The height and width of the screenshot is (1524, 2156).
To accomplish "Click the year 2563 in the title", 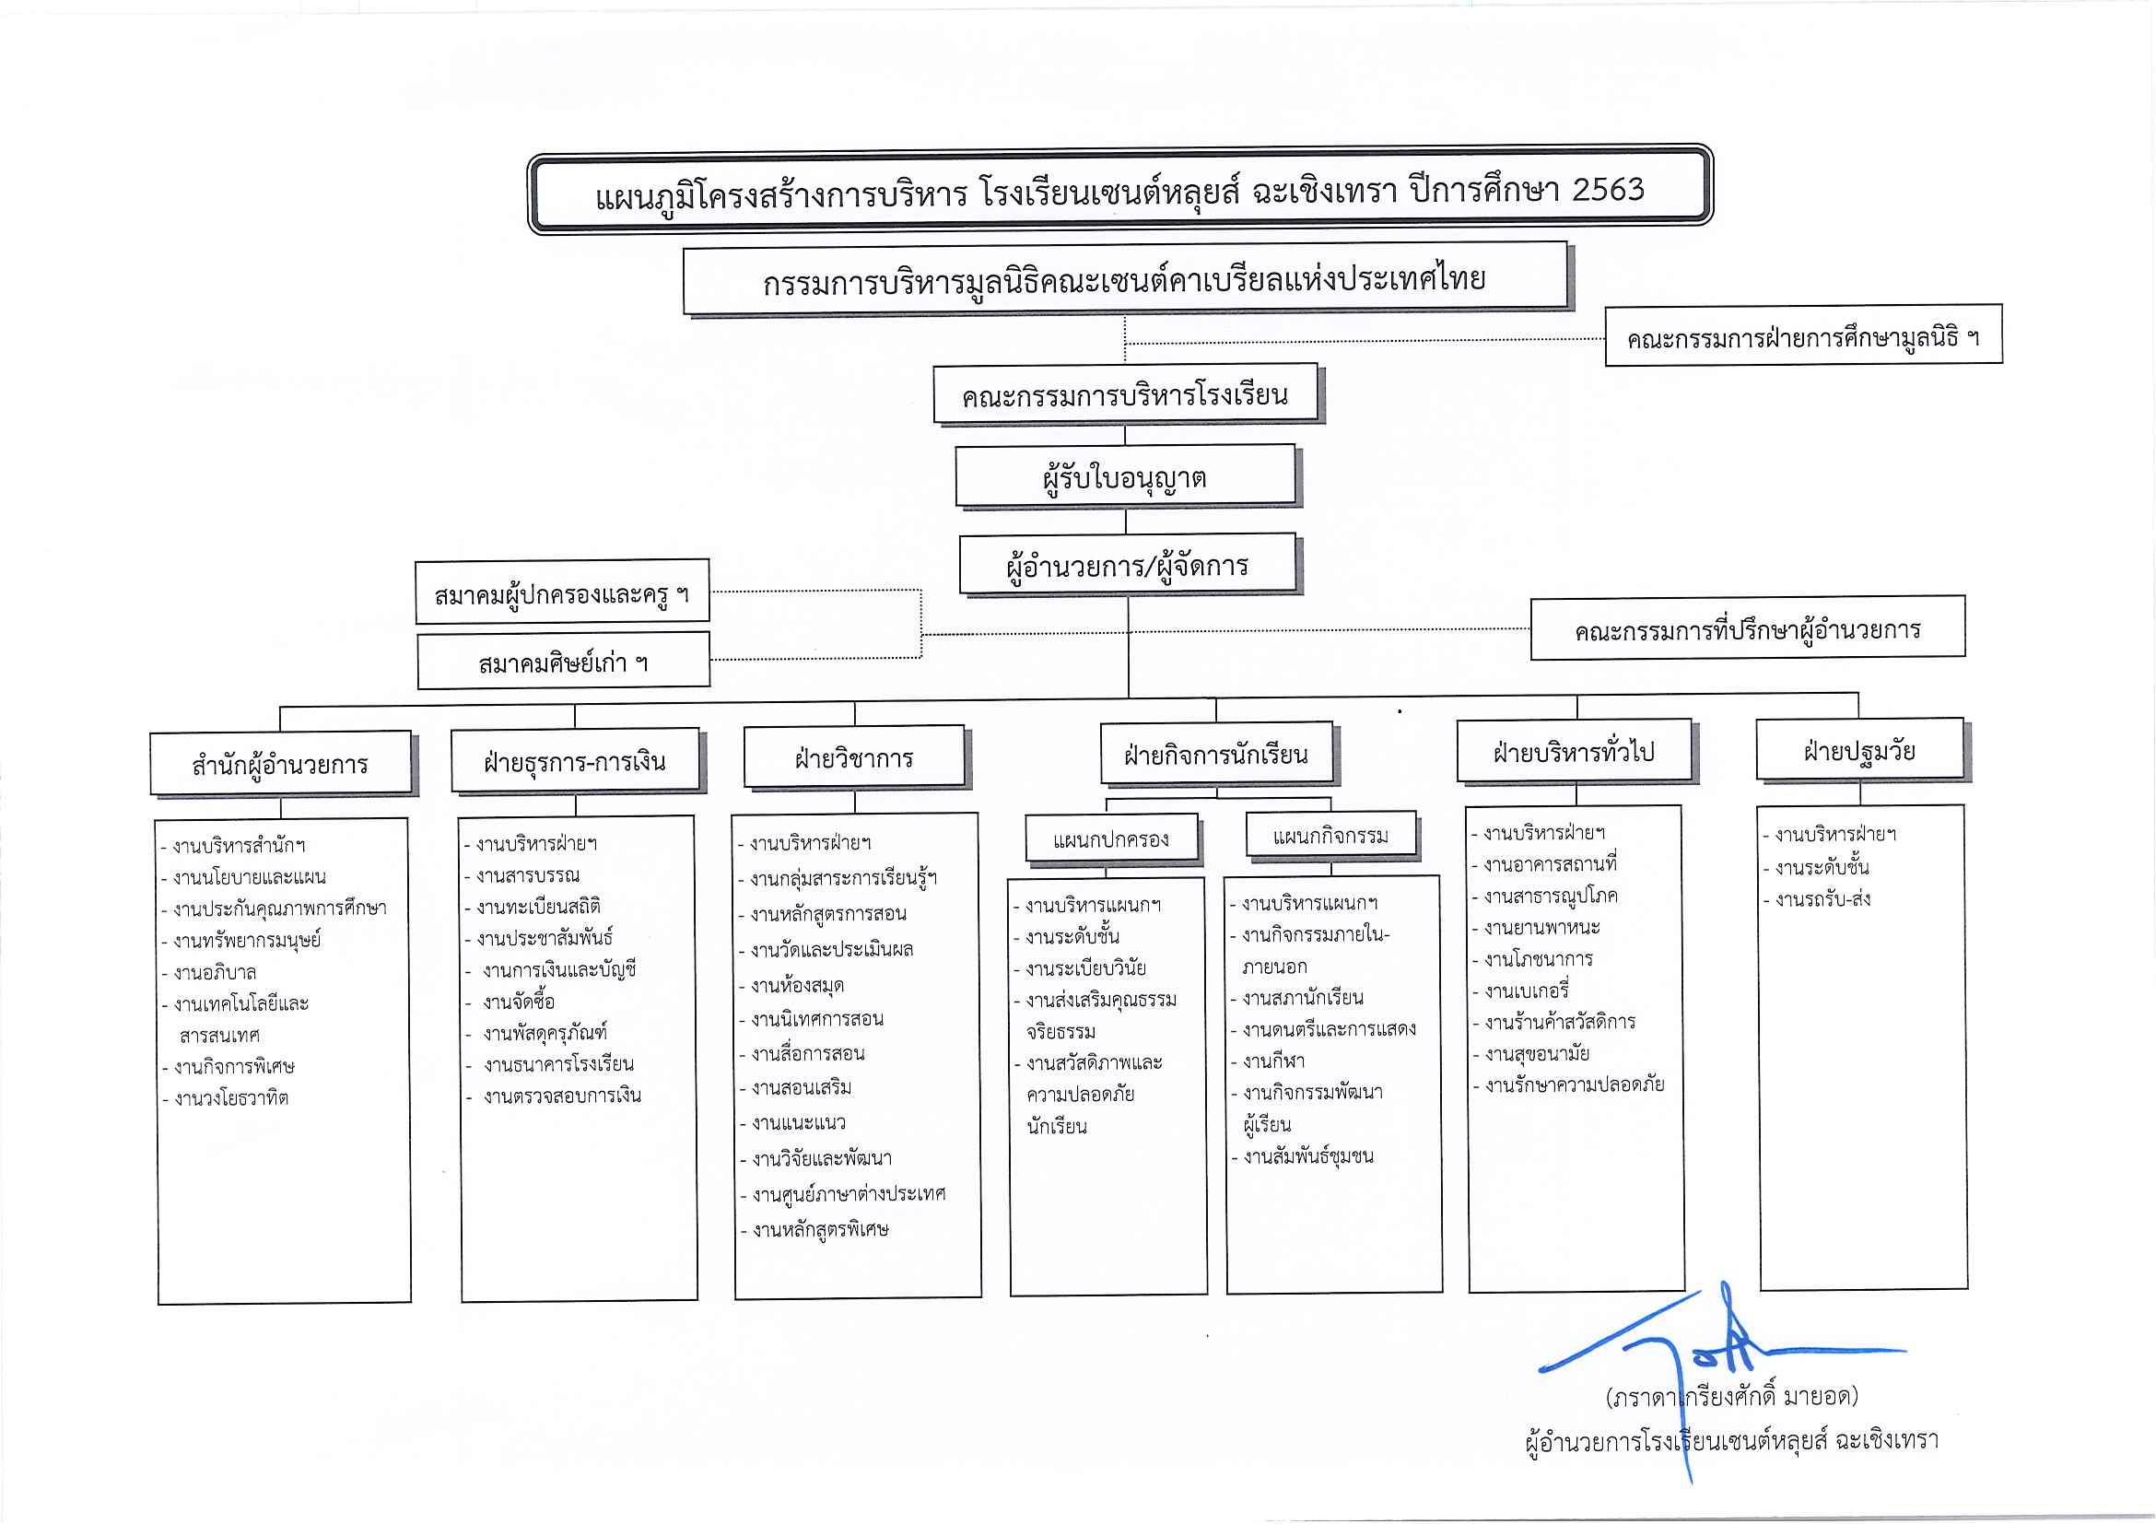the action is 1608,189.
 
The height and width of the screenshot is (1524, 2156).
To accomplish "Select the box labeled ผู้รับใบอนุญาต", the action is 1125,475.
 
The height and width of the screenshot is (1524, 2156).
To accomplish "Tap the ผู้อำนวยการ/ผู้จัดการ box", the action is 1127,563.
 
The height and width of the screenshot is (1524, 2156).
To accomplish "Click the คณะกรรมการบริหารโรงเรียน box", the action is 1125,393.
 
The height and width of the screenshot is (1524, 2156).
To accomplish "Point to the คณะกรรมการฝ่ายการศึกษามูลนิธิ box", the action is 1803,335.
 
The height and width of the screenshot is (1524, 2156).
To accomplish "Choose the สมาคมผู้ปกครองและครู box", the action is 561,592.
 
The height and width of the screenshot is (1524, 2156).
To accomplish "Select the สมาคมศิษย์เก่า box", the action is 563,661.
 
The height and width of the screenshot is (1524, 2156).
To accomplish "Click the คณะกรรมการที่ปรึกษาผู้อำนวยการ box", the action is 1748,628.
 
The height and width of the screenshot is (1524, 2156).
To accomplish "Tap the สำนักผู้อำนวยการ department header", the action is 280,764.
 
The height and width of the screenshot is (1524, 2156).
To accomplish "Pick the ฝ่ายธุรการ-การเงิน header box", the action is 575,759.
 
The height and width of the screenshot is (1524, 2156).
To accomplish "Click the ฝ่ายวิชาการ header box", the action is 853,756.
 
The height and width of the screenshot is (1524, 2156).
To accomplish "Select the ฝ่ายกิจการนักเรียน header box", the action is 1216,753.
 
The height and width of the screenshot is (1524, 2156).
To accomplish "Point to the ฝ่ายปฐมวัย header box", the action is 1859,749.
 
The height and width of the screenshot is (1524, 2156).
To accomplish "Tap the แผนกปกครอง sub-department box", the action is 1111,838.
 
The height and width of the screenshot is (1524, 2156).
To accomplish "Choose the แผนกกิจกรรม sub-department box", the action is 1330,835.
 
